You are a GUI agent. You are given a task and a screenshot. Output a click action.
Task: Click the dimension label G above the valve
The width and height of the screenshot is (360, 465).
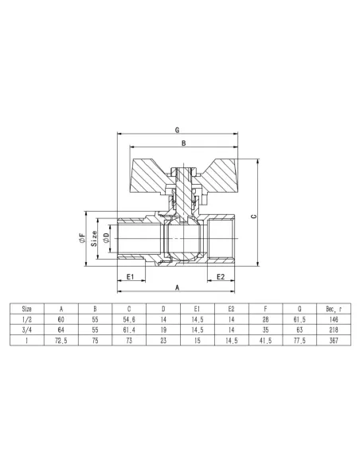click(178, 130)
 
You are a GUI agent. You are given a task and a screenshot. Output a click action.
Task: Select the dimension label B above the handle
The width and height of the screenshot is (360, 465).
click(183, 143)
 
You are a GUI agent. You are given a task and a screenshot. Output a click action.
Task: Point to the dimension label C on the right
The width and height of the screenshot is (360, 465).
click(253, 217)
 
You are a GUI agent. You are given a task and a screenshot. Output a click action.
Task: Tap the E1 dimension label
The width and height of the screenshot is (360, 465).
click(131, 276)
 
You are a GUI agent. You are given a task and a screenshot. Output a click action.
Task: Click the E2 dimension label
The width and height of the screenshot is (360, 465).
click(221, 276)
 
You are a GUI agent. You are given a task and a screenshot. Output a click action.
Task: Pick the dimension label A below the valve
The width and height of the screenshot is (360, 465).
click(178, 287)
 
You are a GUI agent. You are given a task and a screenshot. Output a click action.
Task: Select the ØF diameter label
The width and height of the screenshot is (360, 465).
click(82, 238)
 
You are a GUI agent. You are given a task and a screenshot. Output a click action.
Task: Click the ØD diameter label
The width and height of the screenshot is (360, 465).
click(106, 238)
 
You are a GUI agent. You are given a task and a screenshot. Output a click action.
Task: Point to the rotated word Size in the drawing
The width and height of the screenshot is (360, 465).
click(94, 239)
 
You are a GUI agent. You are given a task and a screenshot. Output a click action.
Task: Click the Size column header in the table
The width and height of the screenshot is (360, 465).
click(27, 309)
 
